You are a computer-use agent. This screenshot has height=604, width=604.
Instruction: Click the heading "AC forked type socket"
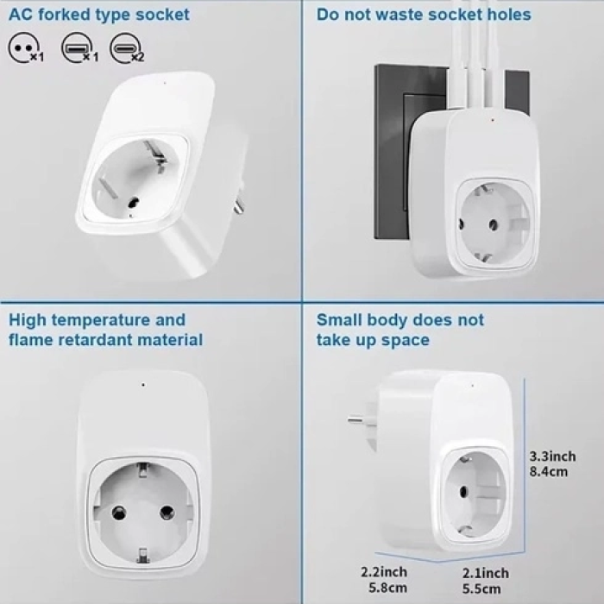click(99, 15)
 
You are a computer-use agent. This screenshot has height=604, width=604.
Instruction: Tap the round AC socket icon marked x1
click(22, 47)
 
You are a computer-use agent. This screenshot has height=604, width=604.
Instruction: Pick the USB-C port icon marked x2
click(128, 47)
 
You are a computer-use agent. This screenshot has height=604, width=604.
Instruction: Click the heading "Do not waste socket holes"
click(423, 15)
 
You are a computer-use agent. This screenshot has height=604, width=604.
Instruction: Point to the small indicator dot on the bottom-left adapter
click(142, 384)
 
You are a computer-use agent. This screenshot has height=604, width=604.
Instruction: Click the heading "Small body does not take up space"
click(400, 330)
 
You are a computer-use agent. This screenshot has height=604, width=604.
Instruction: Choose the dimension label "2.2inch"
click(385, 572)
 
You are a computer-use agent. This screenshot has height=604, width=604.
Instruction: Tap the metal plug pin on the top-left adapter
click(236, 205)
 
